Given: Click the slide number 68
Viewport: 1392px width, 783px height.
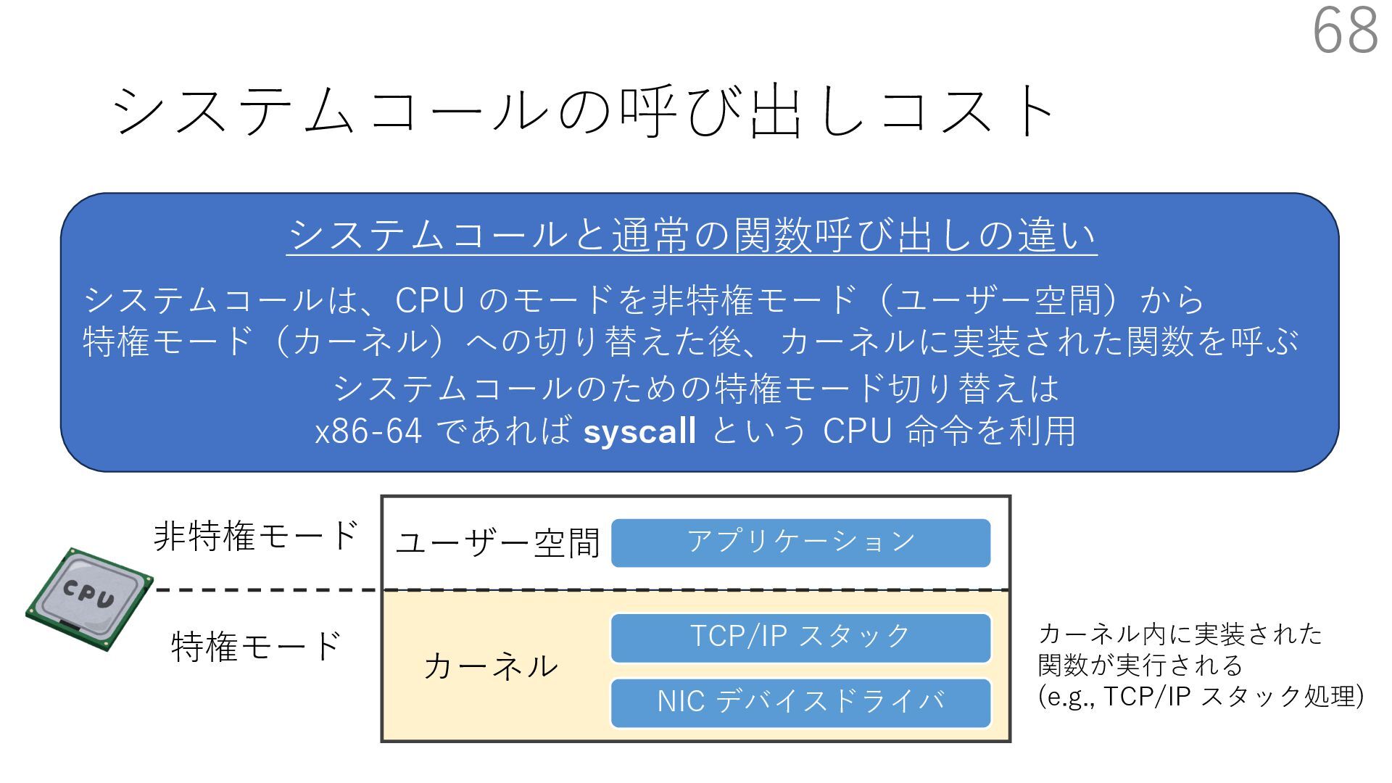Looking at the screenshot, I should (1345, 30).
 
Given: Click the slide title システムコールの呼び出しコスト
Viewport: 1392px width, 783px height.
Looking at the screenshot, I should (584, 111).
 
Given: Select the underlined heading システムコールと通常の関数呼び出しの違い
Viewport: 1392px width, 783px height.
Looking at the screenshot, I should (692, 236).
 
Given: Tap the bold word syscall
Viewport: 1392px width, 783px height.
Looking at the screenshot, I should (639, 431).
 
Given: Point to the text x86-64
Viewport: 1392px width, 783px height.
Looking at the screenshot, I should (368, 431).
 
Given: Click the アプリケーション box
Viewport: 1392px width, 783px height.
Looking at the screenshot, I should (800, 542).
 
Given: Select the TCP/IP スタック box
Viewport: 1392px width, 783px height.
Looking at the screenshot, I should (800, 637).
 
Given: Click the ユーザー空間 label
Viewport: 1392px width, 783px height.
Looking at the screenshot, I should (497, 543).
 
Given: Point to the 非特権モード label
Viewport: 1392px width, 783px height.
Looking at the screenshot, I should (256, 536).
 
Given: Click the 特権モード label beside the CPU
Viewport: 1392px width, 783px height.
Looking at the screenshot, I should (256, 646).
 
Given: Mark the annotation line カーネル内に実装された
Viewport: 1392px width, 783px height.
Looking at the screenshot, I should (1180, 634).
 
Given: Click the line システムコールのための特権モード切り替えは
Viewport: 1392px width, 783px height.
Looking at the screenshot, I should (696, 389).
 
